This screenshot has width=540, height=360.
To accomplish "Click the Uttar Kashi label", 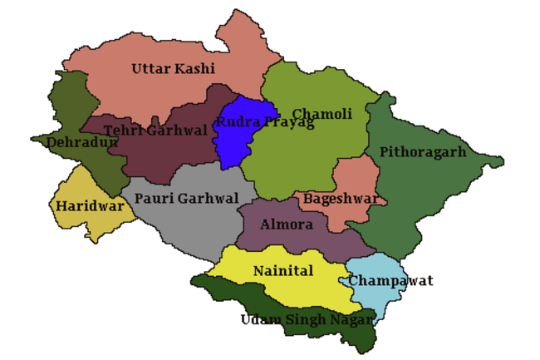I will (x=173, y=68).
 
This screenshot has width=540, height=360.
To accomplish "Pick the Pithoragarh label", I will (x=422, y=152).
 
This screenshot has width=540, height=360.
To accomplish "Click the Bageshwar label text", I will (x=341, y=200).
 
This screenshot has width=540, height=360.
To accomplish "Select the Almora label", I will (x=287, y=224).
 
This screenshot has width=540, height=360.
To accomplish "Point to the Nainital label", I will (x=283, y=272).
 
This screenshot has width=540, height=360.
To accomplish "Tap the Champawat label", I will (x=390, y=281).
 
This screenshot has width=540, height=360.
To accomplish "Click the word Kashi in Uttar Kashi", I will (x=194, y=68).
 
